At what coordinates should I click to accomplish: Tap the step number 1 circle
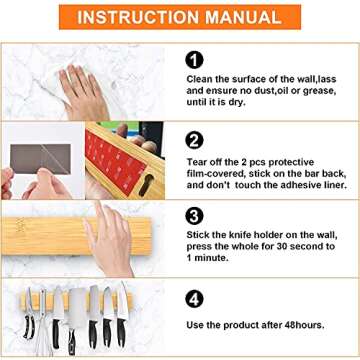(x=196, y=59)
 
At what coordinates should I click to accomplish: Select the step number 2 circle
(x=196, y=139)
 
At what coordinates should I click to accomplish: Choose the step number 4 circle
(x=196, y=298)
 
